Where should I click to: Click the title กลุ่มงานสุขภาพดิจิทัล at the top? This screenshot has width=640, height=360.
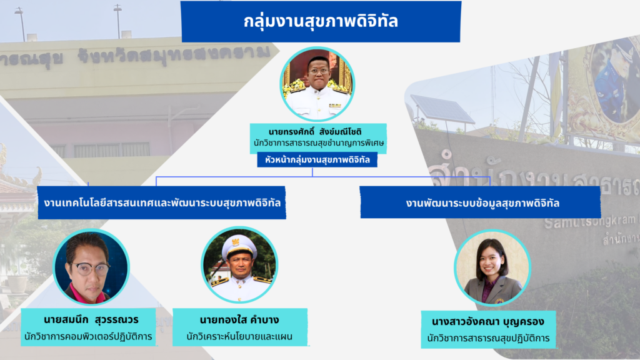[321, 21]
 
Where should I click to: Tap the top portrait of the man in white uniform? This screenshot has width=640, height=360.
[317, 84]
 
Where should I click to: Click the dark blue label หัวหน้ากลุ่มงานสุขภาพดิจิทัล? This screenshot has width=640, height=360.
[317, 160]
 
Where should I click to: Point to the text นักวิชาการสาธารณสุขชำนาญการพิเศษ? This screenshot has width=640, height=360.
[318, 144]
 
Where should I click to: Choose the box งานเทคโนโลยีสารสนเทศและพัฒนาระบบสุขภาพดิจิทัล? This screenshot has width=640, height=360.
[162, 202]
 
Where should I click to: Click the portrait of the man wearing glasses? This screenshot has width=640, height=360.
[91, 267]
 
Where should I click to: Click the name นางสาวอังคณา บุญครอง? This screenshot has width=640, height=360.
[488, 322]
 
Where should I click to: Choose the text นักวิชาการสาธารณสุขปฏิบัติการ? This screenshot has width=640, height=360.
[488, 338]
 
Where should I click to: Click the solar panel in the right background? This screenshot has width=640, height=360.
[443, 110]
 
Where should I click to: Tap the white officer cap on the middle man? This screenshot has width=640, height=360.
[239, 244]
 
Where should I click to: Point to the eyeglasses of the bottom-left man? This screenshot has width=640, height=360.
[91, 267]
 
